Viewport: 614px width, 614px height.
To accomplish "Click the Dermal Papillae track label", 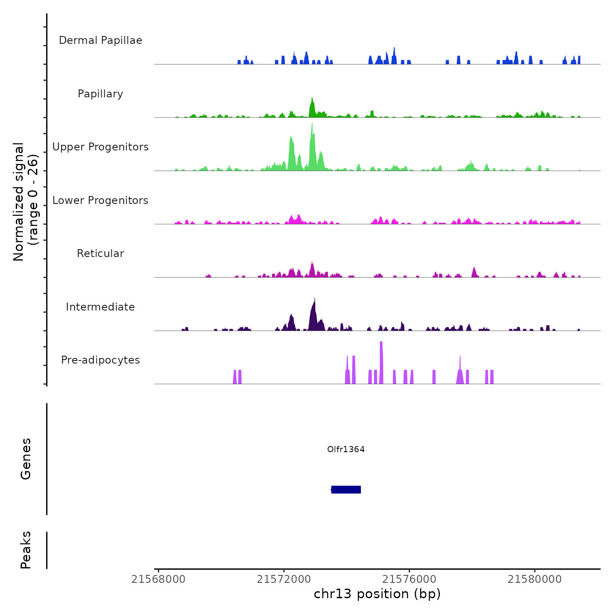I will pos(100,40).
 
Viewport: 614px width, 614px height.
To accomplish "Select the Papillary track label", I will pos(100,94).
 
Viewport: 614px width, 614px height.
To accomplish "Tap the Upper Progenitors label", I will pos(100,147).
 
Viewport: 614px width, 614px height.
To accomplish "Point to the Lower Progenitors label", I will pos(100,200).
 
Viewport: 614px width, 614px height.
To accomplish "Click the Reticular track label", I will pos(100,253).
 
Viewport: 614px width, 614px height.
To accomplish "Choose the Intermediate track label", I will pos(100,307).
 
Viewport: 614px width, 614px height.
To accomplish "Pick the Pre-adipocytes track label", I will pos(100,360).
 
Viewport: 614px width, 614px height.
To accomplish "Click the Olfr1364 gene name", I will pos(346,449).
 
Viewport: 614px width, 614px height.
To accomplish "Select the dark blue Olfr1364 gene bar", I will pos(346,489).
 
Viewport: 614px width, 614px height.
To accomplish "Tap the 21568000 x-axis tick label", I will pos(158,579).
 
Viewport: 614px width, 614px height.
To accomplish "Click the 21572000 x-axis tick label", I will pos(284,579).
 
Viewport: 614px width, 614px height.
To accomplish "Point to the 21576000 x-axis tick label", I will pos(409,579).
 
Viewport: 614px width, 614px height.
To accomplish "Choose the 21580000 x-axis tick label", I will pos(535,579).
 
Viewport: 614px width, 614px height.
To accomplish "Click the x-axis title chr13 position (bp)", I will pos(377,594).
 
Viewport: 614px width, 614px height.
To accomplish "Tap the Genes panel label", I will pos(26,459).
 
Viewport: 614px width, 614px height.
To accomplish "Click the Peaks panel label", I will pos(26,550).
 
